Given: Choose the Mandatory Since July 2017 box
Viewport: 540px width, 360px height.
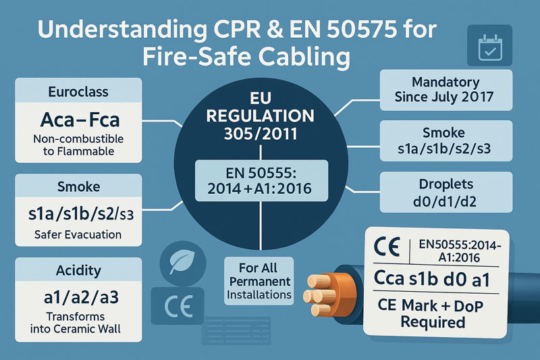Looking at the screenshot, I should tap(437, 90).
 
